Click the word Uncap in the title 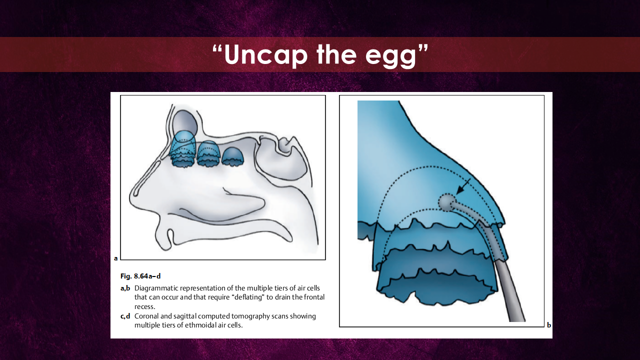tap(265, 54)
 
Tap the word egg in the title tap(391, 57)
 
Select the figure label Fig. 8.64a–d tap(140, 276)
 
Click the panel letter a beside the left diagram tap(115, 258)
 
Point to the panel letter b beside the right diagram tap(549, 325)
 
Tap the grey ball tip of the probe tap(446, 202)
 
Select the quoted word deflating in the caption tap(248, 297)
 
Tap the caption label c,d tap(125, 316)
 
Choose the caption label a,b tap(125, 288)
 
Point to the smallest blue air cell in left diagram tap(233, 156)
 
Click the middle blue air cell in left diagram tap(208, 153)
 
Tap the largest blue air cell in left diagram tap(183, 149)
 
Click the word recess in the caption tap(144, 307)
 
